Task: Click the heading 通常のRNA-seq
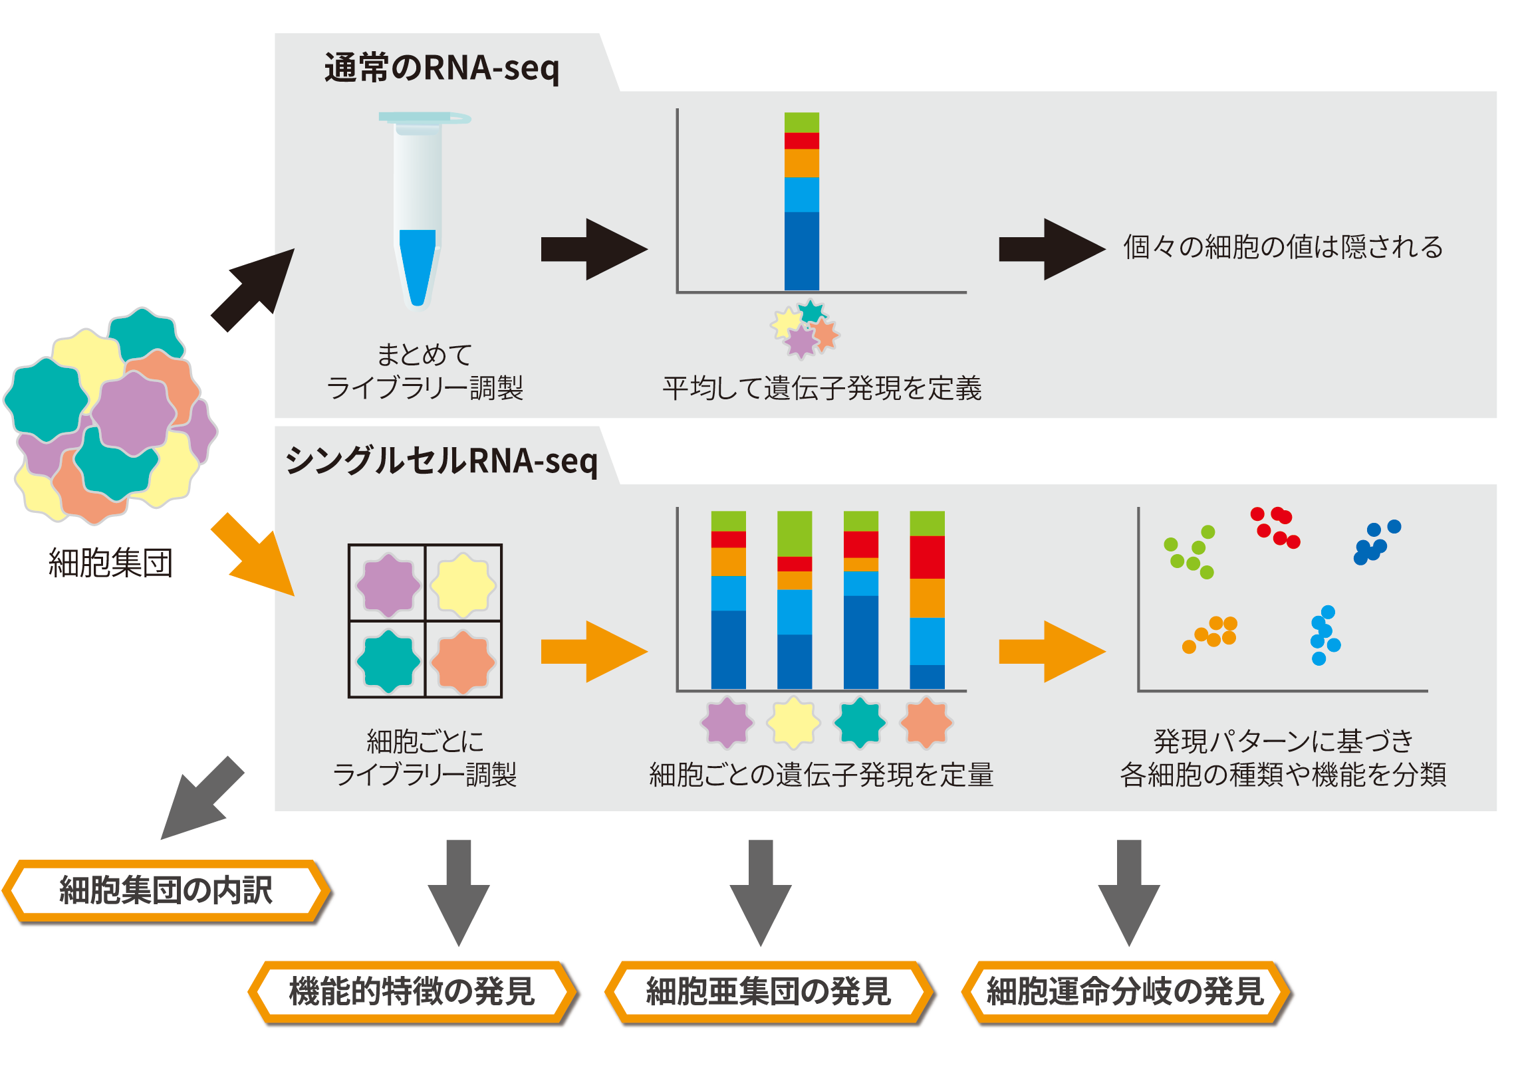(x=442, y=68)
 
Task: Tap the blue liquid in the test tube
(x=417, y=266)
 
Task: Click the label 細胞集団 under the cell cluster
(x=110, y=563)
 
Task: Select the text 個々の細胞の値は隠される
(x=1283, y=247)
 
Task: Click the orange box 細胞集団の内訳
(x=166, y=891)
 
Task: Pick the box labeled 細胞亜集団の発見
(x=769, y=992)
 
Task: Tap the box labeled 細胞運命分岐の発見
(x=1126, y=992)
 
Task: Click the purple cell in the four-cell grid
(x=388, y=585)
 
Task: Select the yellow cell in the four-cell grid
(x=463, y=585)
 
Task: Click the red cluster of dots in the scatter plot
(x=1275, y=527)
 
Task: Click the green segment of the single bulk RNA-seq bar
(x=801, y=122)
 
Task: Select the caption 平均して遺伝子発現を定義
(x=822, y=389)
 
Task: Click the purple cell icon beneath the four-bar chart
(x=727, y=722)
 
